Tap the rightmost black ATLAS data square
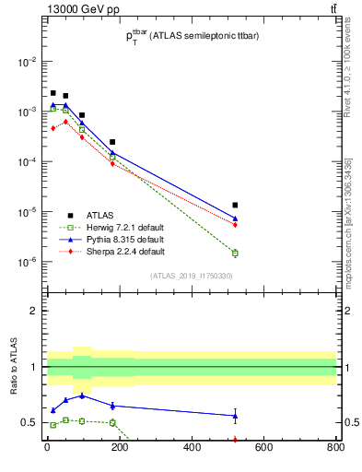coord(235,205)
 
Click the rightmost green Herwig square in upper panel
coord(235,253)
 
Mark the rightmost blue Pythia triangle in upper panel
coord(235,218)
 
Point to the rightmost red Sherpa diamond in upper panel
coord(235,224)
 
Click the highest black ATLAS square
coord(53,93)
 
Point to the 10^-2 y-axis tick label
coord(28,62)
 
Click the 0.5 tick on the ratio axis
coord(29,423)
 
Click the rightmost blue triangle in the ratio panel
coord(235,416)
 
